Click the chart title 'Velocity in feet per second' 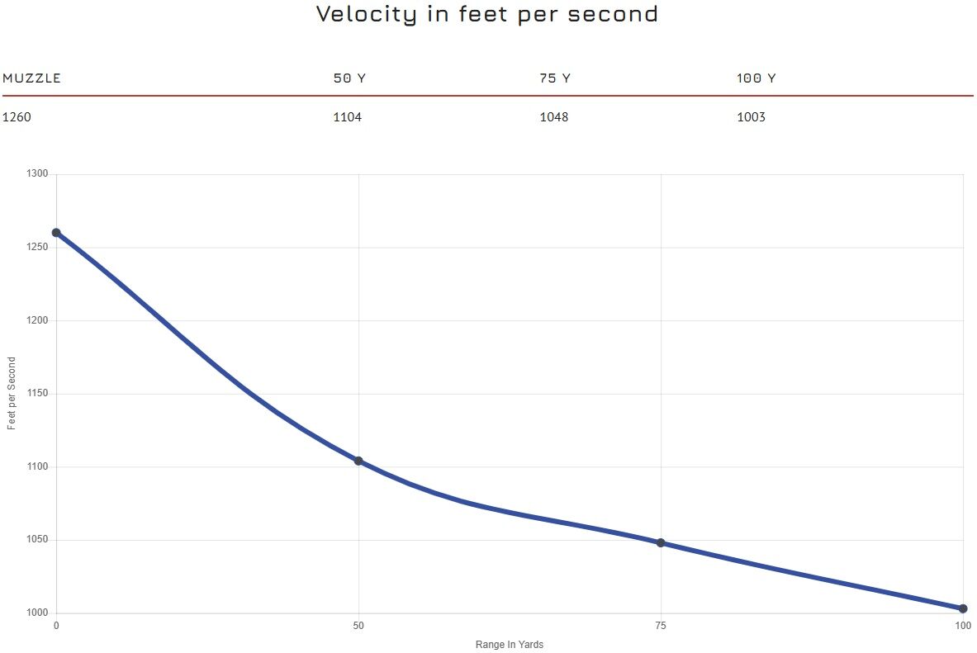[487, 14]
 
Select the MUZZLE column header [32, 78]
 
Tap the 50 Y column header [349, 78]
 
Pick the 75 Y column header [555, 78]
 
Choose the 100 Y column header [756, 78]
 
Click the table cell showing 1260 [17, 117]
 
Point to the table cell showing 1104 [347, 117]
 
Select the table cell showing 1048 [553, 117]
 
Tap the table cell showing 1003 [751, 117]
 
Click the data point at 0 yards [56, 233]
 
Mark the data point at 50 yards [358, 461]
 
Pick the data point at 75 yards [661, 542]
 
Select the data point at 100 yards [963, 608]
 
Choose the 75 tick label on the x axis [661, 626]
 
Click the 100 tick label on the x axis [963, 626]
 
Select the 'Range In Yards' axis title [510, 645]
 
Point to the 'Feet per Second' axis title [12, 393]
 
